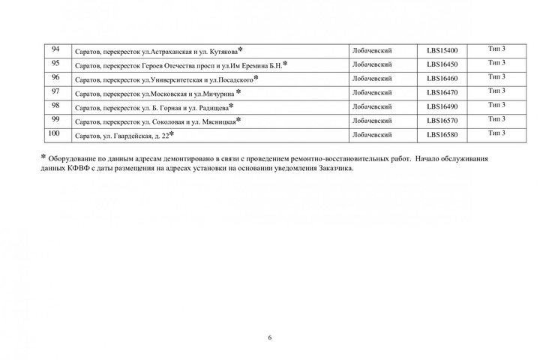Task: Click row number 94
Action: tap(55, 49)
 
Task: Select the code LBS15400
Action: tap(442, 51)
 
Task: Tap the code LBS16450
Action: tap(442, 64)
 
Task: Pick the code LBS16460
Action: tap(442, 79)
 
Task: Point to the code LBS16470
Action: tap(442, 93)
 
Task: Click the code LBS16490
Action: tap(442, 107)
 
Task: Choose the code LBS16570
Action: tap(442, 121)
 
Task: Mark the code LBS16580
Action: tap(442, 135)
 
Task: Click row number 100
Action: tap(54, 133)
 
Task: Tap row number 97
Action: tap(55, 91)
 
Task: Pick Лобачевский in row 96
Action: tap(372, 79)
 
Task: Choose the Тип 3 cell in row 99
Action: tap(496, 119)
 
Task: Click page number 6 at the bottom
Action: tap(270, 337)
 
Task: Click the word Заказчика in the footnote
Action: tap(334, 169)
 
